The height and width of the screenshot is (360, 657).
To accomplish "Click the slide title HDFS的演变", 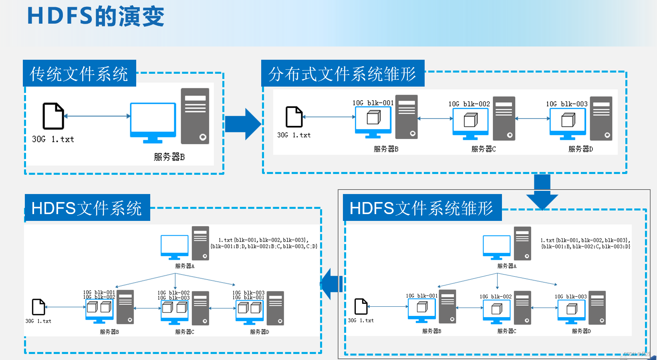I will tap(95, 17).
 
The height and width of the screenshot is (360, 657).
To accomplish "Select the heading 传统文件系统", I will tap(79, 74).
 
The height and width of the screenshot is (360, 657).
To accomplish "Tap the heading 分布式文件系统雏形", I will tap(342, 74).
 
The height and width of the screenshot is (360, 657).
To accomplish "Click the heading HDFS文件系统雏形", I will tap(421, 208).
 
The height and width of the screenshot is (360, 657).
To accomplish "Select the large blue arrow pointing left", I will tap(332, 284).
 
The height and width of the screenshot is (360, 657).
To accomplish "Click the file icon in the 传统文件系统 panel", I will tap(53, 116).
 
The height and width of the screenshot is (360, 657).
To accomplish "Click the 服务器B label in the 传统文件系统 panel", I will tap(169, 157).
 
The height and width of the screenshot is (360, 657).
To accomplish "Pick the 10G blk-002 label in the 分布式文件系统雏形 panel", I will tap(469, 104).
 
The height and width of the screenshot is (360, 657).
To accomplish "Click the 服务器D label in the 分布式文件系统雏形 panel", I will tap(580, 149).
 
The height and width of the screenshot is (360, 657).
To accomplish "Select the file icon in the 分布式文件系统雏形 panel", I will tap(294, 117).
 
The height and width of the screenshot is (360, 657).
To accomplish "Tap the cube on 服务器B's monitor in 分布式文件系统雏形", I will tap(373, 118).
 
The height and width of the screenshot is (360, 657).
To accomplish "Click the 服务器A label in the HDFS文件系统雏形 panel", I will tap(507, 266).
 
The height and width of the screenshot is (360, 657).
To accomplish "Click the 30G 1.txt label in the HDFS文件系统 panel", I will tap(38, 321).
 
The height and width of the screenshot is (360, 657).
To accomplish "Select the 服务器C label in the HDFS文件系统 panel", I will tap(185, 332).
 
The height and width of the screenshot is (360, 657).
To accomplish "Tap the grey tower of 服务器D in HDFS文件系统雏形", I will tap(597, 307).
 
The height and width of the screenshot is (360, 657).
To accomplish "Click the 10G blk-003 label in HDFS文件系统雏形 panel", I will tap(570, 297).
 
